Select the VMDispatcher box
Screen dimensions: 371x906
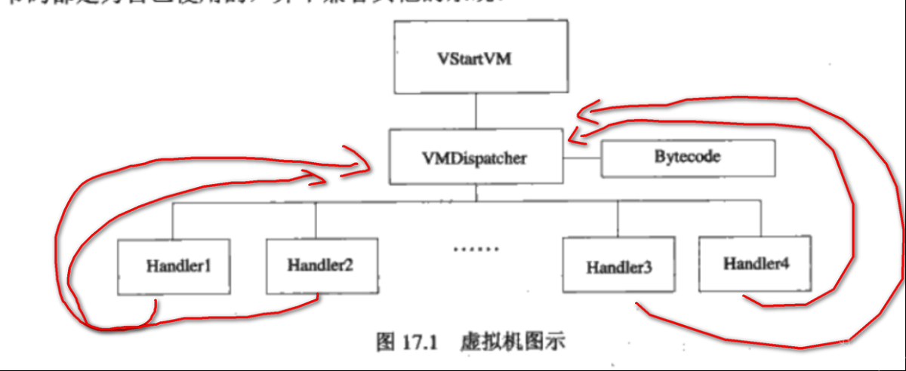(x=476, y=157)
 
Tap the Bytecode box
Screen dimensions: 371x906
(x=687, y=158)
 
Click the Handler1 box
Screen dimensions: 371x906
(x=174, y=267)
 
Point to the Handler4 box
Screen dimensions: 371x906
(x=755, y=264)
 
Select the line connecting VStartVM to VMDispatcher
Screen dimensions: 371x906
(x=476, y=111)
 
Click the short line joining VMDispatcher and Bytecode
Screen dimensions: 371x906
(x=582, y=158)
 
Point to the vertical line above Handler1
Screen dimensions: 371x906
(x=173, y=222)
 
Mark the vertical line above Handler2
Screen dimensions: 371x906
(x=316, y=222)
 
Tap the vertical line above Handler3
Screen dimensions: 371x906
(x=618, y=222)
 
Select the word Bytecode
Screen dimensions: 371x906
(x=687, y=158)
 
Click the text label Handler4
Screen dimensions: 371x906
(x=756, y=264)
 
